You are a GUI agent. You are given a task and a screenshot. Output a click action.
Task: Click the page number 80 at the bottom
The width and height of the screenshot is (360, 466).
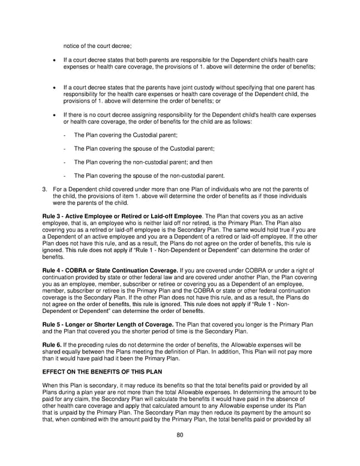tap(179, 435)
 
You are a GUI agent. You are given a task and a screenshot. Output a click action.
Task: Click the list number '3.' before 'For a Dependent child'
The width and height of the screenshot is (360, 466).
tap(45, 190)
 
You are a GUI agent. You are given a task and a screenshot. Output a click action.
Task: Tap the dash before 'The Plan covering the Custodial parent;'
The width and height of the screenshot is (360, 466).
tap(64, 135)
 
